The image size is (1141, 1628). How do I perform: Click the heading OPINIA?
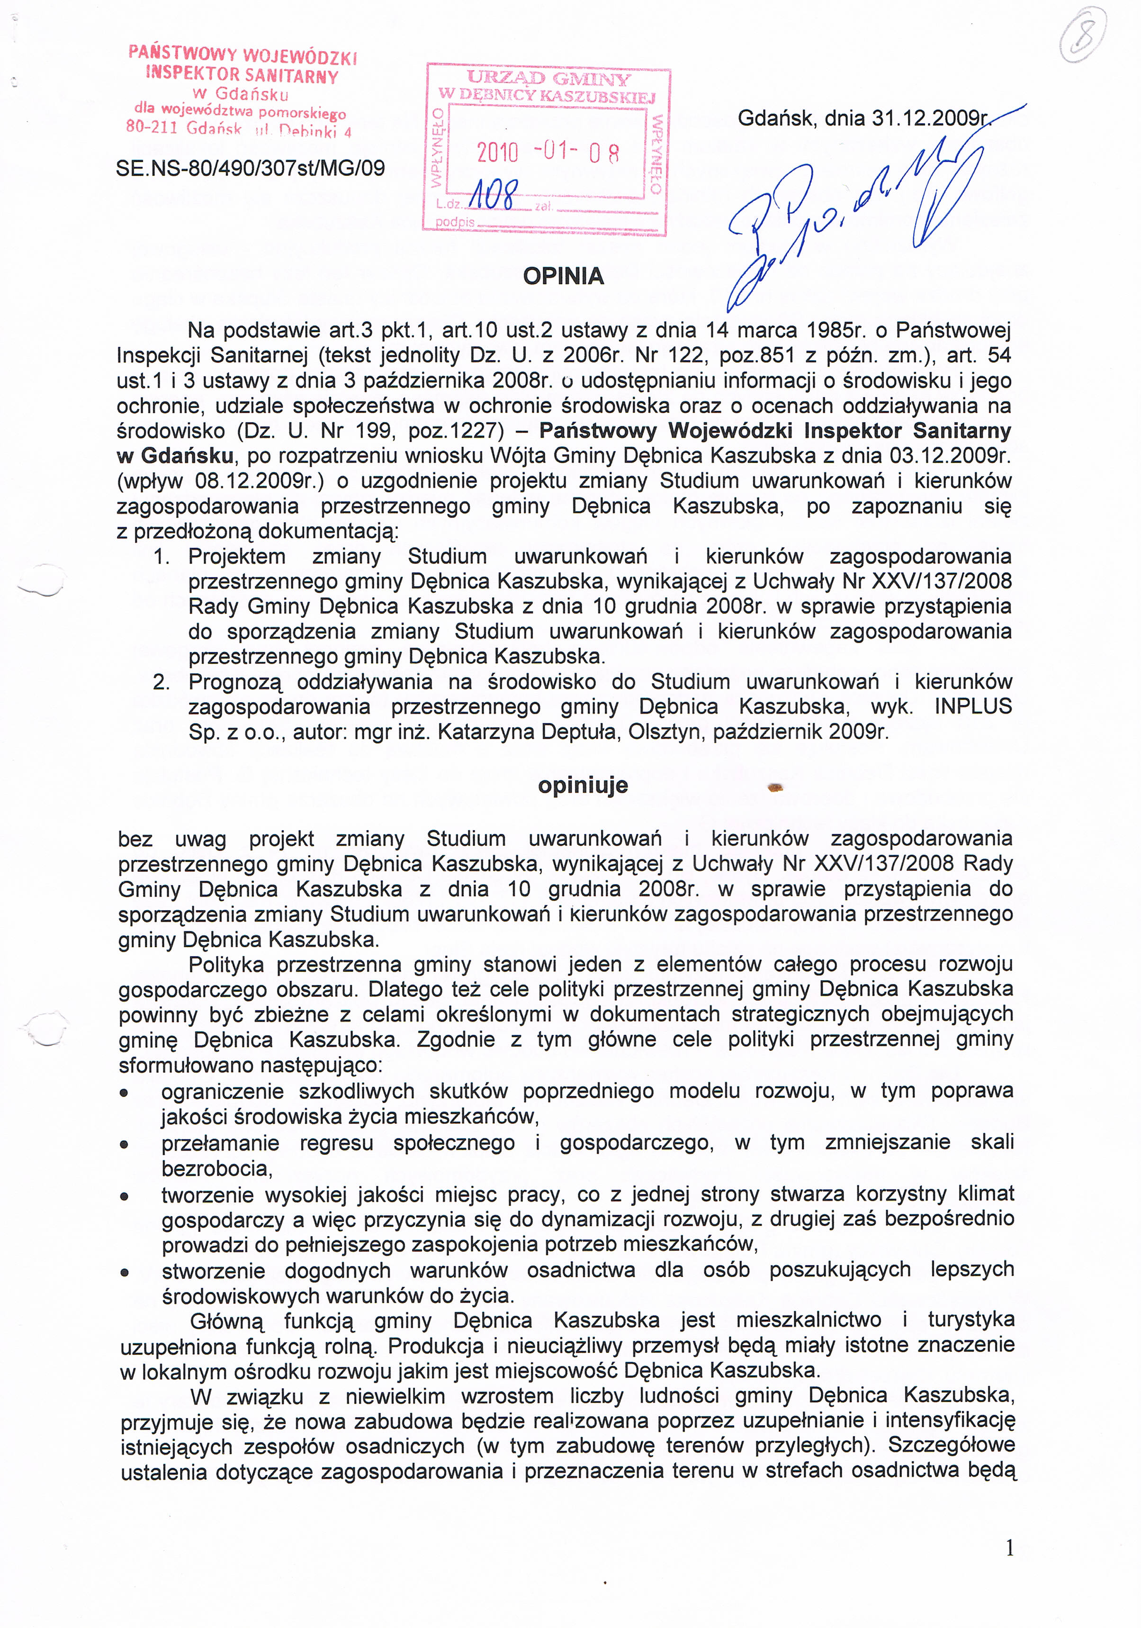(x=564, y=276)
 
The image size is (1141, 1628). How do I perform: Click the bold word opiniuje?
(x=583, y=786)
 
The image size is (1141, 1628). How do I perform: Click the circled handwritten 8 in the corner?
(x=1083, y=36)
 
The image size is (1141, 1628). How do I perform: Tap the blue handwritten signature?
(x=851, y=213)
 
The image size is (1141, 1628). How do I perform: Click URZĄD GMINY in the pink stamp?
(x=548, y=79)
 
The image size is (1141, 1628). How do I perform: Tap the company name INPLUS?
(x=972, y=706)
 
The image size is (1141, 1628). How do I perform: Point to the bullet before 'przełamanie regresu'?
(x=124, y=1144)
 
